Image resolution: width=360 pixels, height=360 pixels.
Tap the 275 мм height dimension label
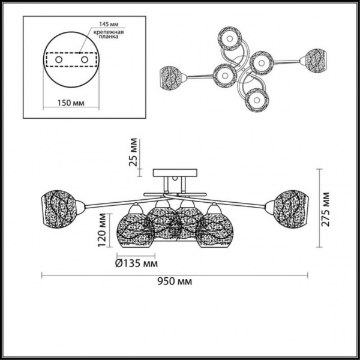326,209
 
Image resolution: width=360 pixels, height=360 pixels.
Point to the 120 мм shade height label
103,231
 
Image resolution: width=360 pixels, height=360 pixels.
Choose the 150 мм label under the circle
71,102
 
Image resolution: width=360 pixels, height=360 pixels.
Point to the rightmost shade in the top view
315,59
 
